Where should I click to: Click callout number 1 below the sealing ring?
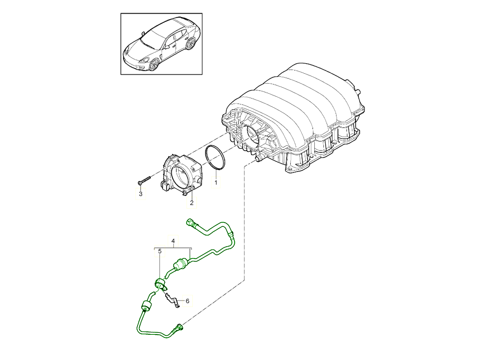[x=216, y=183]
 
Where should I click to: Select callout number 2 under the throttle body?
[x=192, y=203]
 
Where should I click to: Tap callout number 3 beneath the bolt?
[x=140, y=194]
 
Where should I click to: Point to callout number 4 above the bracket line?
[x=173, y=241]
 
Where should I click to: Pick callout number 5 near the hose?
[x=160, y=252]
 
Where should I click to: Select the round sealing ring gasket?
[x=216, y=158]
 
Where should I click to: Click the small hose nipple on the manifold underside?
[x=257, y=160]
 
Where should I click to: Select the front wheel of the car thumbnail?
[x=154, y=64]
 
